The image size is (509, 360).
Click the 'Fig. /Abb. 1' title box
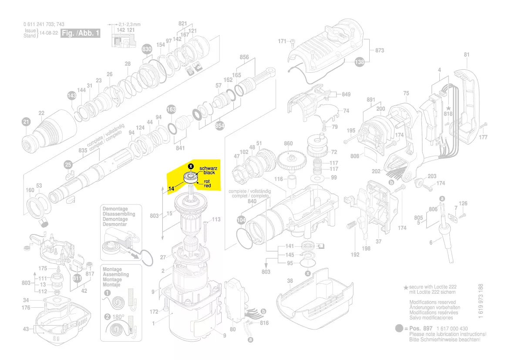(80, 33)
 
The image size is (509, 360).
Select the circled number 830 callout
(147, 50)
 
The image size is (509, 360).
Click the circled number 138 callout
(360, 62)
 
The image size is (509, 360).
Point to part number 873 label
(379, 51)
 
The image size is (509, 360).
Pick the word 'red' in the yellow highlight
(207, 186)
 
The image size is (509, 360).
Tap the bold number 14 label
(171, 189)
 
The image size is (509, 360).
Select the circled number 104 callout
(241, 220)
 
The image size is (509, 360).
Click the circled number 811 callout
(78, 278)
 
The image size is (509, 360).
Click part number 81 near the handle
(467, 55)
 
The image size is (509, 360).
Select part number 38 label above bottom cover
(290, 281)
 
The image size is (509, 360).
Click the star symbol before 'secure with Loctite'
(406, 288)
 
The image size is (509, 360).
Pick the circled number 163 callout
(171, 109)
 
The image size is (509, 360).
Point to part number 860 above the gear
(288, 143)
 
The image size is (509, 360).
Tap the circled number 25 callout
(68, 164)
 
